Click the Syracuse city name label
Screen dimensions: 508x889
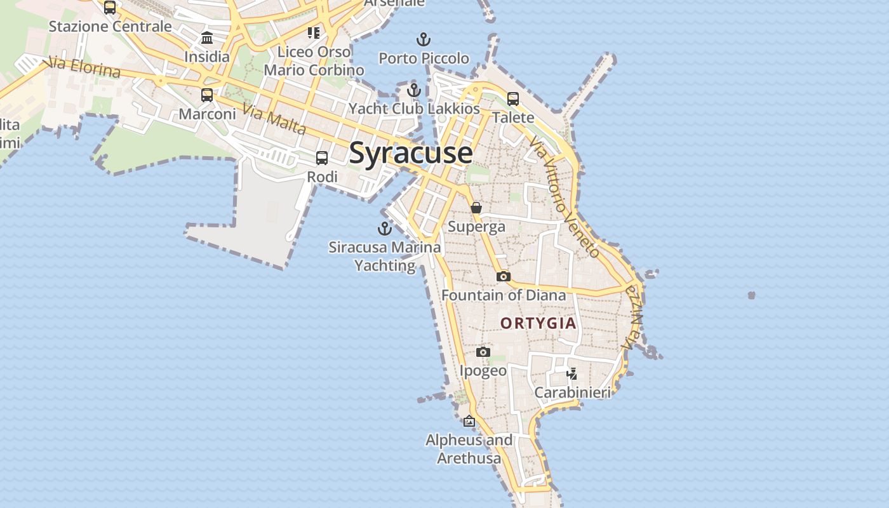[411, 154]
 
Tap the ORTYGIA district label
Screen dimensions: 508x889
[538, 323]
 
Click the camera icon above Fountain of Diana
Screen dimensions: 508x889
[503, 276]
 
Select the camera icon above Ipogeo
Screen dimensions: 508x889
[483, 352]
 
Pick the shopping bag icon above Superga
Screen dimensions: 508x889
[476, 208]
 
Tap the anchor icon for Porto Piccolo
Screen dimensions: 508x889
[424, 39]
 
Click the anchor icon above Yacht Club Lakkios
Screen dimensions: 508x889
[414, 90]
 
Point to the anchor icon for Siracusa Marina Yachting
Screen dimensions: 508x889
[385, 229]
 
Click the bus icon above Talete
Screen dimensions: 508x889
[513, 99]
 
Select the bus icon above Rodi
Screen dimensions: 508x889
[322, 158]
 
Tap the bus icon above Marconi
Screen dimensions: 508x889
[207, 95]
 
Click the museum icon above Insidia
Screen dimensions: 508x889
[207, 38]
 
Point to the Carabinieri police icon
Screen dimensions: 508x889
[572, 373]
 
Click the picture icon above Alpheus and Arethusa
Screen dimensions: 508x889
[469, 421]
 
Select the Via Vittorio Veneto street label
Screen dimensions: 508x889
[565, 197]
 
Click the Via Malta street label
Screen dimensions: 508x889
[274, 120]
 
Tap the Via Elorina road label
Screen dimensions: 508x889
[84, 67]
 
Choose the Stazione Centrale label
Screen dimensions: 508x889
[110, 27]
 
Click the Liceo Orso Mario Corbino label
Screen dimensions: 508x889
[314, 61]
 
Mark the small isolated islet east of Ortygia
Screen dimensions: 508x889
[752, 295]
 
